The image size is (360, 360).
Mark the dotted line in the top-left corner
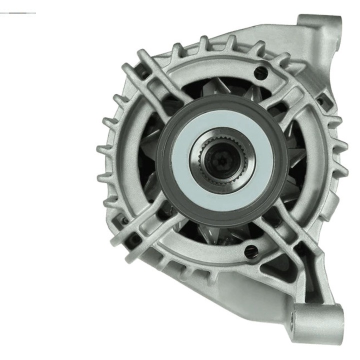(x=18, y=12)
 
